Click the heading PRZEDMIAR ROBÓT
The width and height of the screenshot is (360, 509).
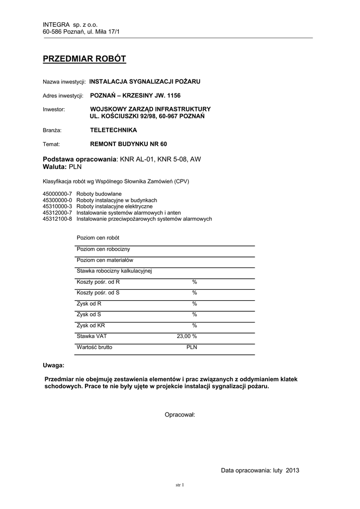[85, 60]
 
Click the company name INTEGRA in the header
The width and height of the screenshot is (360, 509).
[57, 24]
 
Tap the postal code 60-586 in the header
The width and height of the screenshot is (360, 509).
[53, 32]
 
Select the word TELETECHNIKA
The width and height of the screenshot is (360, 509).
[113, 130]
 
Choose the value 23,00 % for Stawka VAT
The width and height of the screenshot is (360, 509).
[187, 337]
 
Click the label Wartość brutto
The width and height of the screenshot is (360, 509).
[94, 347]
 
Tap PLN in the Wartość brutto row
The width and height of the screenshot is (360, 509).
[191, 347]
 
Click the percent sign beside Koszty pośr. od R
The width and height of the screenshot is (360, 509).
[195, 282]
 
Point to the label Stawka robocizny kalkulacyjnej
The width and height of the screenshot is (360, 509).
[114, 271]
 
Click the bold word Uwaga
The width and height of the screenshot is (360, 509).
[53, 365]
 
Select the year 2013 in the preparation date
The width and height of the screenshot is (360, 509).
[292, 470]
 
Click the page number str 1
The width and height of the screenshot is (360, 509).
[180, 485]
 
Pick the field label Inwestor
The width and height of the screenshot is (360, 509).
[54, 109]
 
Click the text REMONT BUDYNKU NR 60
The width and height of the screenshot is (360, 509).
[128, 144]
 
